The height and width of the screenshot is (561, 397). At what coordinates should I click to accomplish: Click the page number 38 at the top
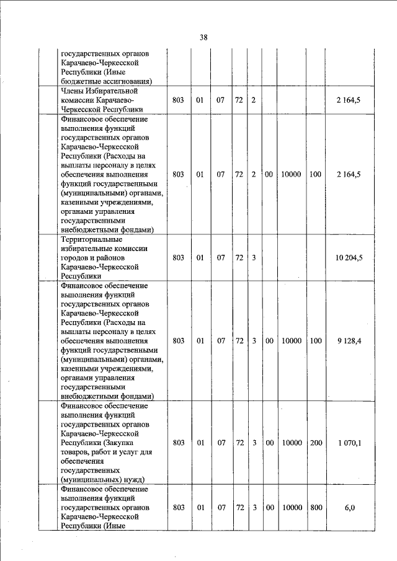203,37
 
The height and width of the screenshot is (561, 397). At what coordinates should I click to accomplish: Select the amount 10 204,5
349,257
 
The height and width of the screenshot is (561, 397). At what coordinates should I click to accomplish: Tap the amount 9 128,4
349,340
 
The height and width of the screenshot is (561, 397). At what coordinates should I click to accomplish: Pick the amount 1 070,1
349,443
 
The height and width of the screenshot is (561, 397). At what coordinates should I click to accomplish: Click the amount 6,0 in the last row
350,507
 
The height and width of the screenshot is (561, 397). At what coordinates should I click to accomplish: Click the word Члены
74,91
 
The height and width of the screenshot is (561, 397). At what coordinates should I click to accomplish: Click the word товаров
76,452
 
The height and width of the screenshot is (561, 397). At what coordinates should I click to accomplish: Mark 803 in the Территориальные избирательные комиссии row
179,257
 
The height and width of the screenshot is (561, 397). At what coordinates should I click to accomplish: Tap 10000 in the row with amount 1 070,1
291,443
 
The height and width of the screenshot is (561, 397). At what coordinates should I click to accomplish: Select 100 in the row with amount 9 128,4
316,340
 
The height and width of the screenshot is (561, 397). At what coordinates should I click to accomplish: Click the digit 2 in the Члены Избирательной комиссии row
254,100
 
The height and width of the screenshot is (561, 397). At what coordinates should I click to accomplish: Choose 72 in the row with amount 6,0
239,507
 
